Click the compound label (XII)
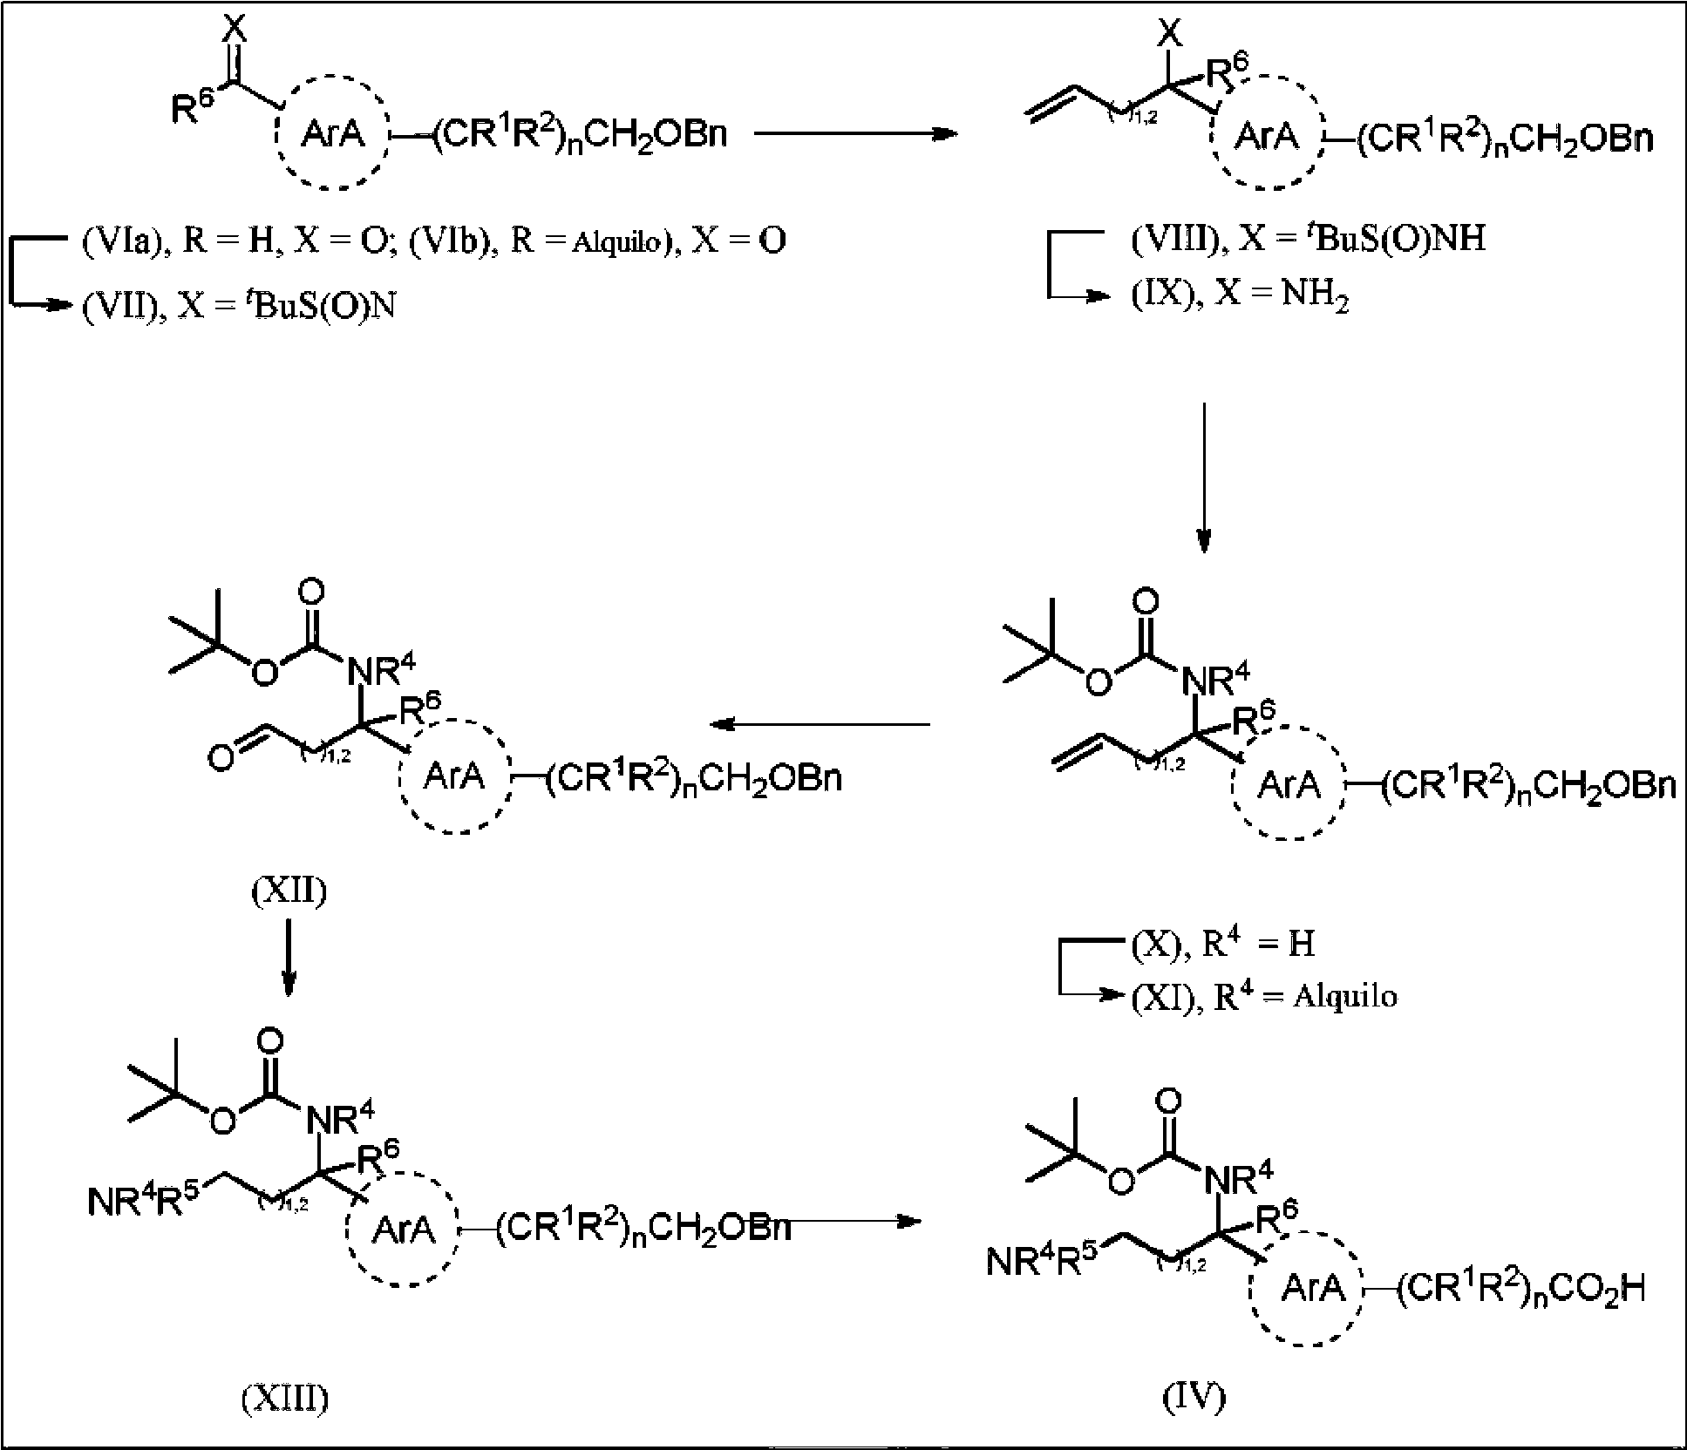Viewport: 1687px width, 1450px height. [x=289, y=893]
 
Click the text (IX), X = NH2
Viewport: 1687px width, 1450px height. [x=1241, y=296]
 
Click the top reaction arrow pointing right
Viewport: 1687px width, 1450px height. [x=855, y=134]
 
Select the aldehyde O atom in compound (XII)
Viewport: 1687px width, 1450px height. [x=221, y=759]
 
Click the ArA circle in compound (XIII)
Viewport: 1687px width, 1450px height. [x=403, y=1230]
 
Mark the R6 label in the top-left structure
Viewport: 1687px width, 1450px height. [x=189, y=107]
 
